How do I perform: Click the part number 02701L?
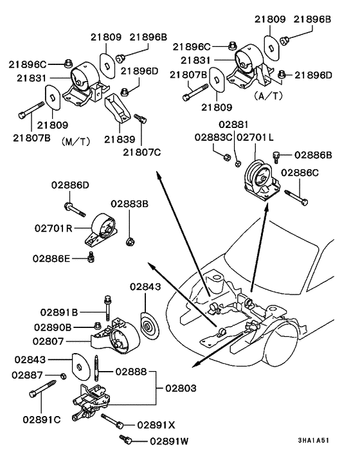pyautogui.click(x=256, y=137)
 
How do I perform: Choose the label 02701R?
pyautogui.click(x=54, y=227)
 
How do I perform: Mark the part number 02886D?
pyautogui.click(x=70, y=186)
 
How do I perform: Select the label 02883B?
pyautogui.click(x=129, y=204)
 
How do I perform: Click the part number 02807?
pyautogui.click(x=50, y=341)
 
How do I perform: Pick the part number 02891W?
pyautogui.click(x=171, y=441)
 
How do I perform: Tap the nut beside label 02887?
pyautogui.click(x=62, y=376)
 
